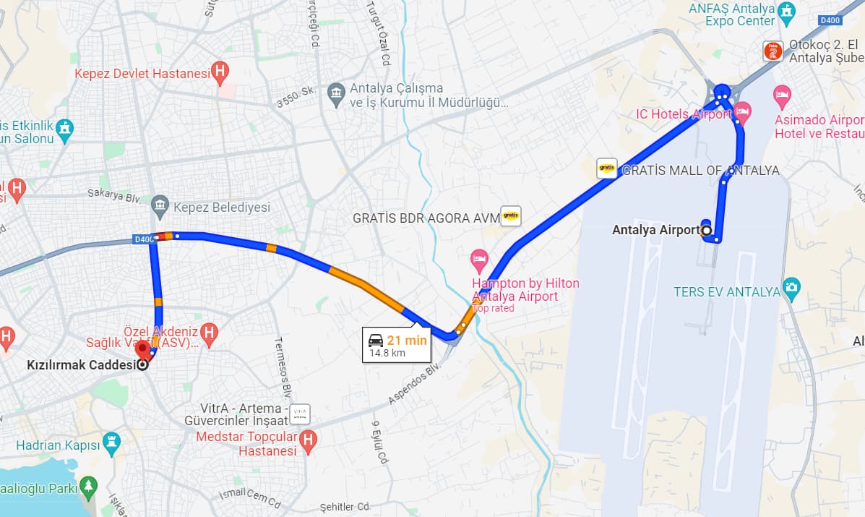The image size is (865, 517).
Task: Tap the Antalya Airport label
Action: [655, 230]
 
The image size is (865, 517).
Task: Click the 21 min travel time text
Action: [407, 341]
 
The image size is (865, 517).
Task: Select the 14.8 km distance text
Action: [387, 354]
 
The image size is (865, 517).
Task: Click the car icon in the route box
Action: [376, 341]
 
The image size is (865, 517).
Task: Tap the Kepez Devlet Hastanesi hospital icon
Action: [220, 72]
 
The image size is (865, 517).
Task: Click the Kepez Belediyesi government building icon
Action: [160, 207]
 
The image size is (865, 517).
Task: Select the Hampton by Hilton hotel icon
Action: [479, 259]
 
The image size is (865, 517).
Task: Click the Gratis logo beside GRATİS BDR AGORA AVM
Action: [511, 215]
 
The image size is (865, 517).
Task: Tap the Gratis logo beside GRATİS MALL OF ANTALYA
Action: [607, 168]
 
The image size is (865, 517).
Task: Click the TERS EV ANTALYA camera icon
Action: [791, 287]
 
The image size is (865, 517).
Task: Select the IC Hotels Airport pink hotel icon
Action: [742, 113]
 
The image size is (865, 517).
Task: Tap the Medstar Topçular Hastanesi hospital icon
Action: [308, 440]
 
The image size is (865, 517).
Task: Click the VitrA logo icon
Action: [299, 414]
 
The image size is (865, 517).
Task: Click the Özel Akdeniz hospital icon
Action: [209, 332]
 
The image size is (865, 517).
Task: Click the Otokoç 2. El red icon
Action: [773, 51]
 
